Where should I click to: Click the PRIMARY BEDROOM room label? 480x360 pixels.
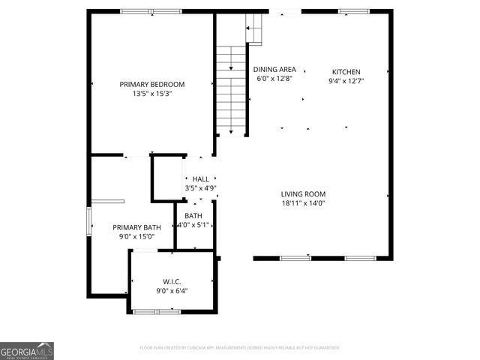tap(152, 84)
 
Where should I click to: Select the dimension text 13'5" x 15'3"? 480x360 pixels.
tap(152, 94)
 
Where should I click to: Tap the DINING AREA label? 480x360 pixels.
tap(274, 69)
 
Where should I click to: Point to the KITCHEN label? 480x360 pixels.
tap(346, 72)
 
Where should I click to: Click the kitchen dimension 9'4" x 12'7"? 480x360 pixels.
tap(346, 82)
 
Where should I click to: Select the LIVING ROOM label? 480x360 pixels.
tap(303, 193)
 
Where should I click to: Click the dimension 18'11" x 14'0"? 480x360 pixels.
tap(303, 202)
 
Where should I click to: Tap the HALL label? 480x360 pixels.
tap(200, 179)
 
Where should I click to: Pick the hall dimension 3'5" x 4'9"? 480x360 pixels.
tap(200, 188)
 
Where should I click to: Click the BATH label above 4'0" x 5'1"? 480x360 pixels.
tap(193, 216)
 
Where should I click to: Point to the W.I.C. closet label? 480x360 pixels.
tap(172, 281)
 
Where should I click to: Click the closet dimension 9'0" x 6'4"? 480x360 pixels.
tap(172, 291)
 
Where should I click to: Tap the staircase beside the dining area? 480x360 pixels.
tap(232, 90)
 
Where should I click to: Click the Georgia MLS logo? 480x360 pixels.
tap(27, 351)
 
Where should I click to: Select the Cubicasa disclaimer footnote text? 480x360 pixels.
tap(240, 348)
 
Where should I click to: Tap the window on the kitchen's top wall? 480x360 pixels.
tap(348, 11)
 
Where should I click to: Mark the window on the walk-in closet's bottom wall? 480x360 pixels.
tap(156, 310)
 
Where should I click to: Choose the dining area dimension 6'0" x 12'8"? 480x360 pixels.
tap(274, 78)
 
